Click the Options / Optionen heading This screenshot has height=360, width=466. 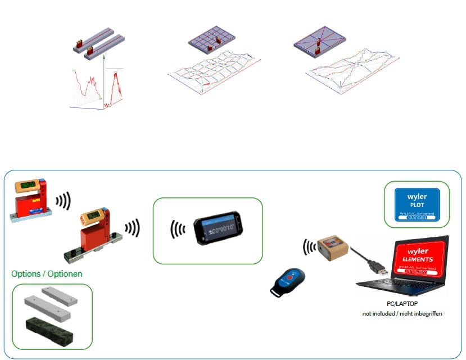click(x=47, y=274)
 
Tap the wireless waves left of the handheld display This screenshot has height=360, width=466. click(x=178, y=230)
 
